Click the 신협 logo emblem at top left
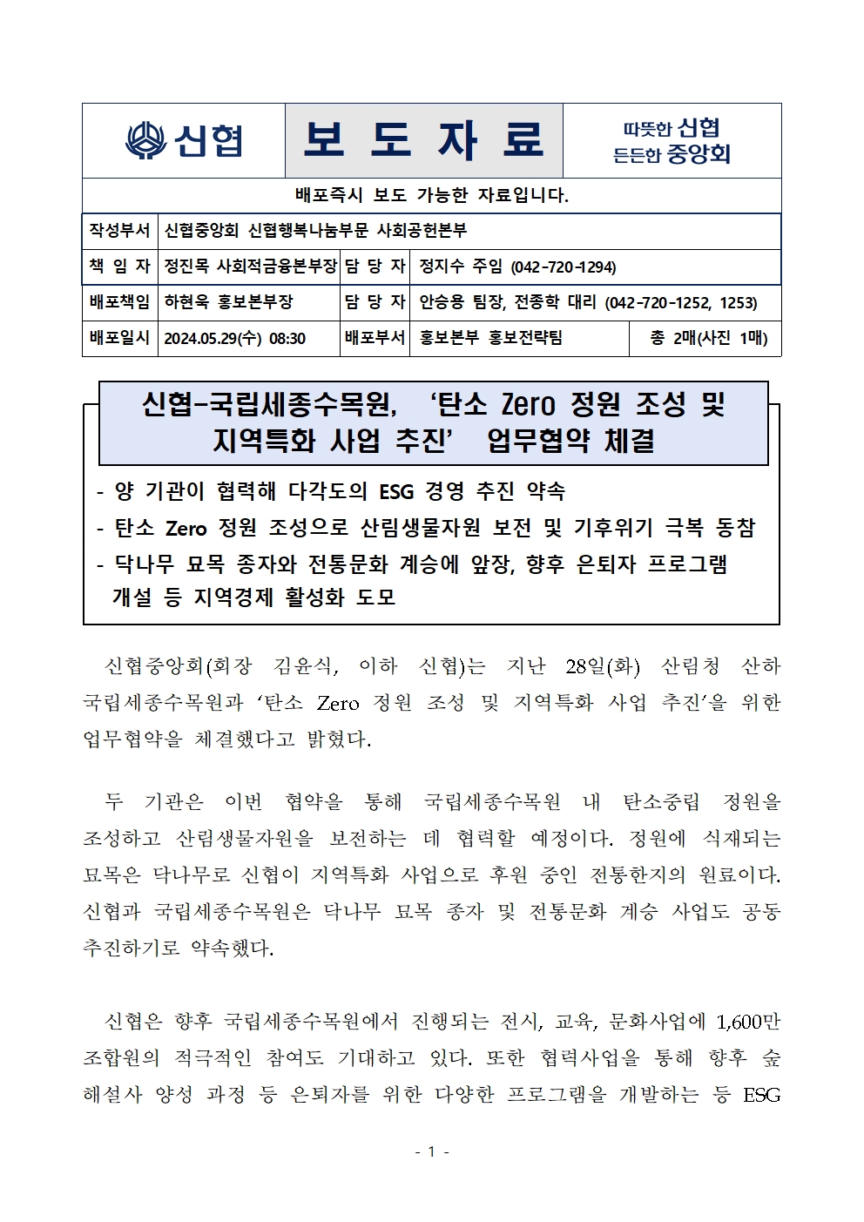click(x=145, y=141)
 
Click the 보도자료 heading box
click(x=423, y=140)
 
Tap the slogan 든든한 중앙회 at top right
click(x=672, y=155)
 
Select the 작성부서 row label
click(x=119, y=231)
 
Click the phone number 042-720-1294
click(x=563, y=267)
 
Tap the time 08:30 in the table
click(x=287, y=338)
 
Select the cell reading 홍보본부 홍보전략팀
click(x=490, y=338)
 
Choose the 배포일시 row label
click(x=119, y=338)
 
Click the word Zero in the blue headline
click(x=530, y=404)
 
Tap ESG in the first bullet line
click(x=396, y=491)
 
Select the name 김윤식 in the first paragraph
click(x=302, y=666)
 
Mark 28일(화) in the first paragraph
click(x=602, y=666)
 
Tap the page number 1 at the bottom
click(x=431, y=1151)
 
